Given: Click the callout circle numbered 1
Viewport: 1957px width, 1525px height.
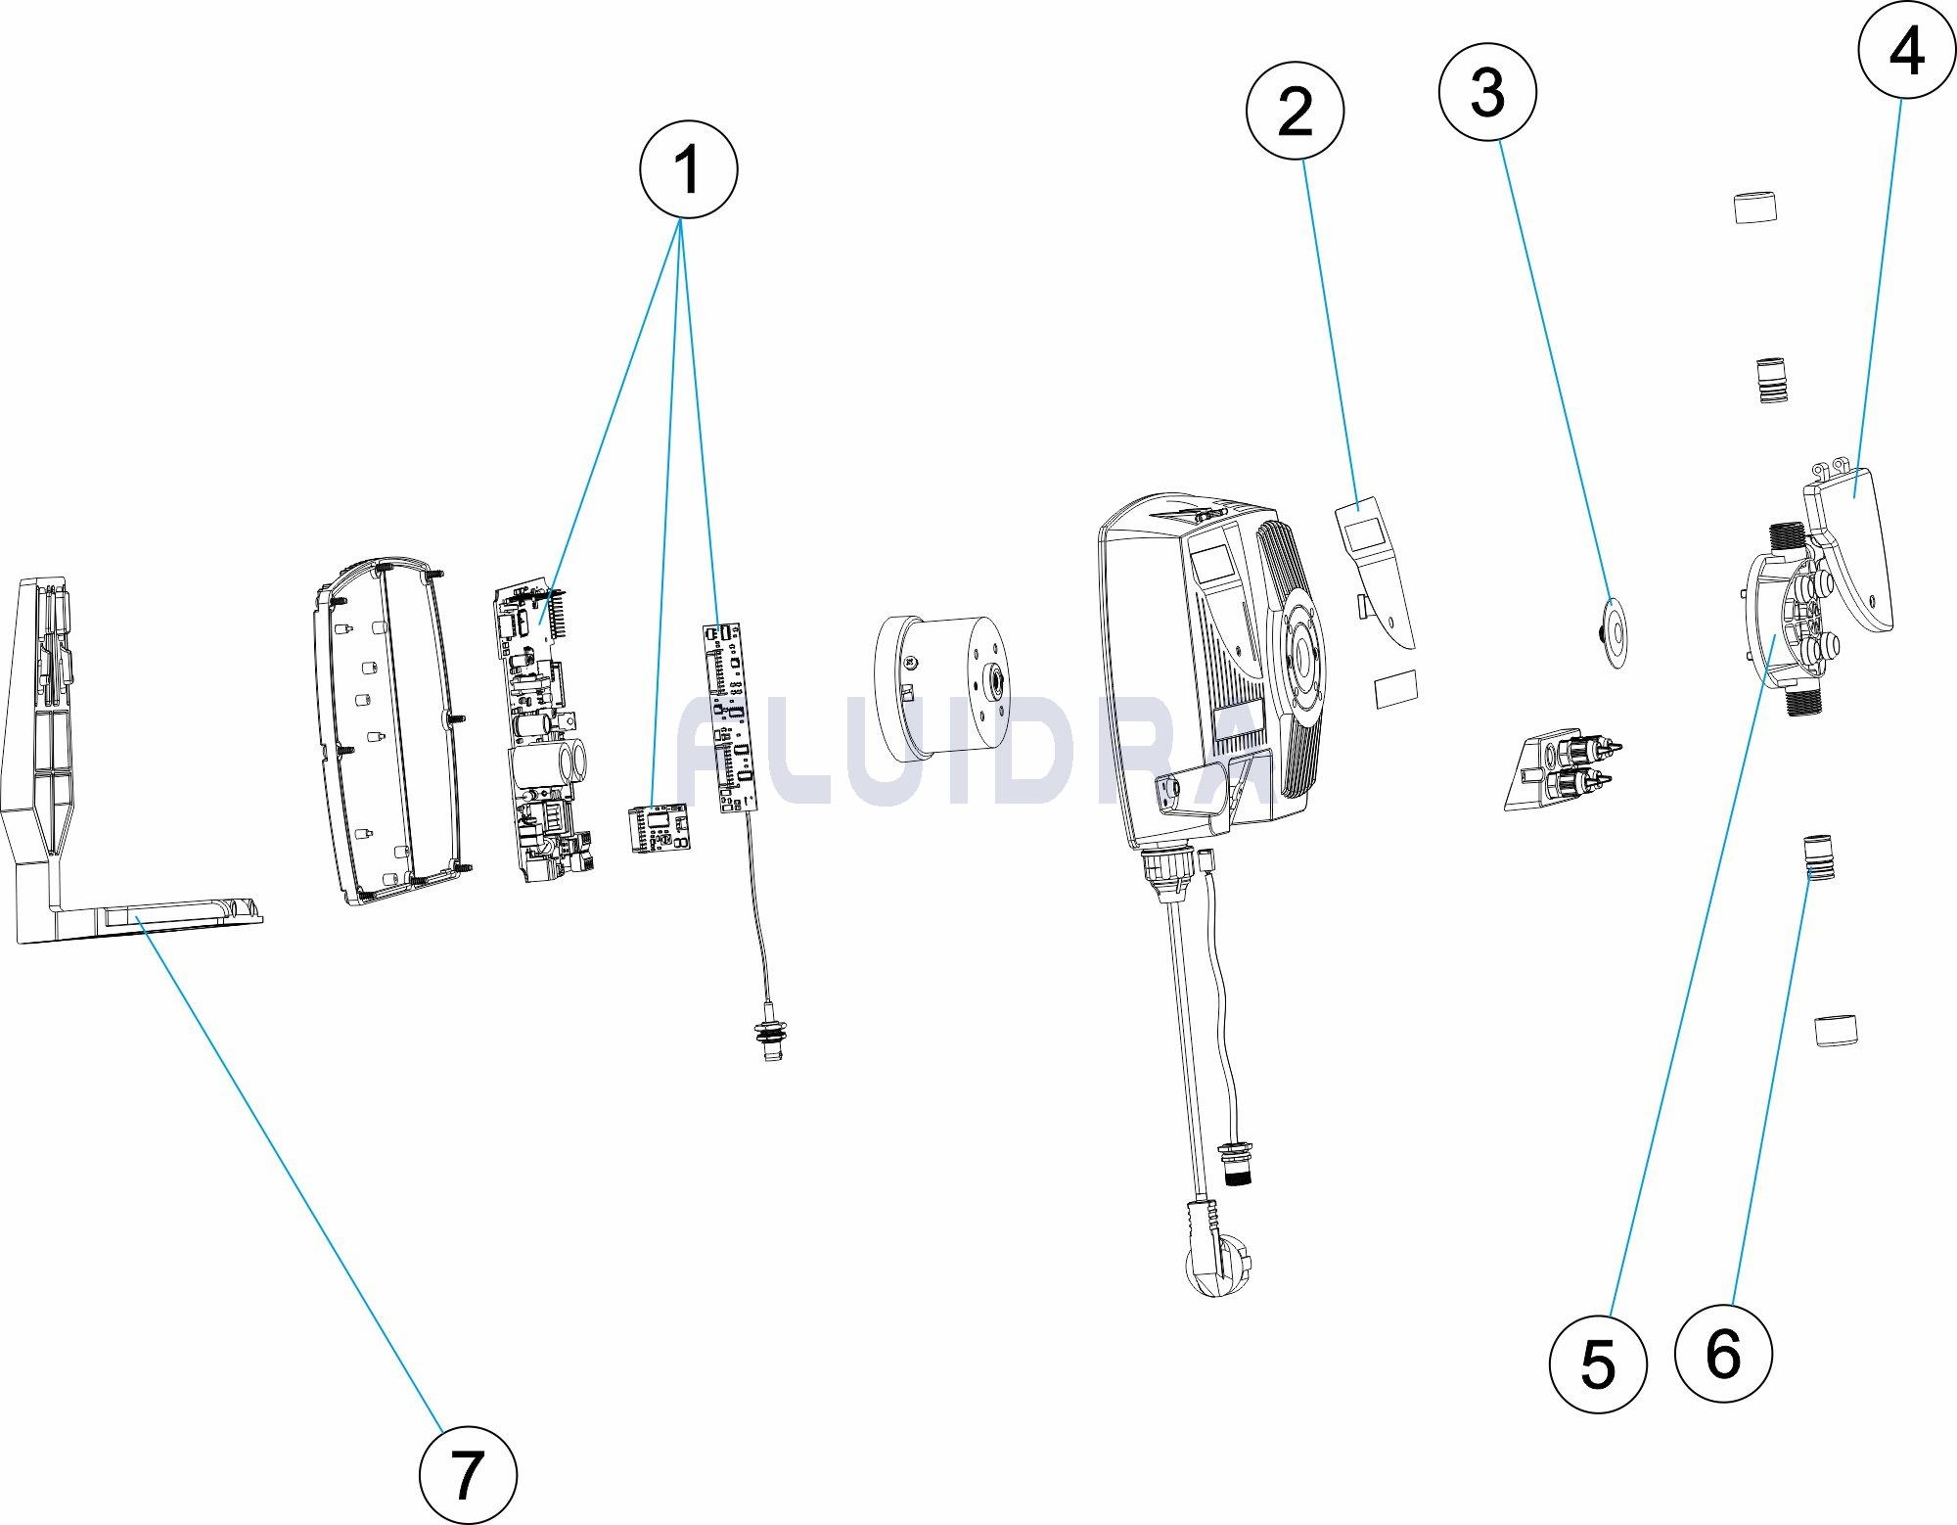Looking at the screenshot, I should coord(688,170).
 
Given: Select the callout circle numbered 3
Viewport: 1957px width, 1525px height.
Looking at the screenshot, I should coord(1486,93).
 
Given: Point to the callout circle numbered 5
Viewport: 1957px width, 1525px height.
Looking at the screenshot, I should coord(1598,1364).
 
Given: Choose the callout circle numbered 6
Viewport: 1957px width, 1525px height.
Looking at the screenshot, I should coord(1722,1354).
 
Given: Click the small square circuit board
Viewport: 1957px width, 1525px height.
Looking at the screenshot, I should coord(658,828).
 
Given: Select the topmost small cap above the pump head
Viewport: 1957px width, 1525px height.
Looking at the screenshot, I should coord(1754,208).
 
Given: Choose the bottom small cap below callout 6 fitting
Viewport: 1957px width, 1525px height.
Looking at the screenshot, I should coord(1836,1031).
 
